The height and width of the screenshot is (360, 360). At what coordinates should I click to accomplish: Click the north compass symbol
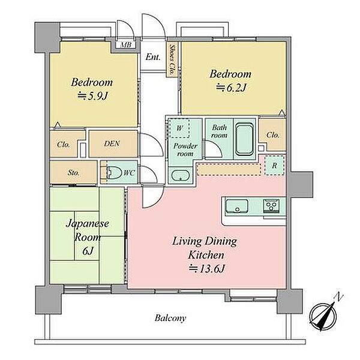(323, 316)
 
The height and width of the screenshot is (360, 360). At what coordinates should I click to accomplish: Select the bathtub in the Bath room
(245, 139)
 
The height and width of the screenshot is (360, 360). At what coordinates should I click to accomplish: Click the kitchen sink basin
(237, 206)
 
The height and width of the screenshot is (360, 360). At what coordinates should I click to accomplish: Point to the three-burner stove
(271, 205)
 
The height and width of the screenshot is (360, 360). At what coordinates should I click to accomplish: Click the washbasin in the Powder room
(181, 176)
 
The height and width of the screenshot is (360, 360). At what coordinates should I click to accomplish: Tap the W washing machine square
(179, 128)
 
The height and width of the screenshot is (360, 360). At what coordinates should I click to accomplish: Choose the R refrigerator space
(274, 166)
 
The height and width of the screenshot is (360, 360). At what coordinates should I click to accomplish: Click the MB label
(126, 44)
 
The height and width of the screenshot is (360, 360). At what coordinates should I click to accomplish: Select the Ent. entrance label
(153, 57)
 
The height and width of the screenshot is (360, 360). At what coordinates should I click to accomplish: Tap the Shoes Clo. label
(171, 59)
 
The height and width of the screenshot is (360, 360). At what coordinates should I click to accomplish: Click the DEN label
(112, 144)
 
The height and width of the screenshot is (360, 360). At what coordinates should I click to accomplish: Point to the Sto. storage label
(73, 173)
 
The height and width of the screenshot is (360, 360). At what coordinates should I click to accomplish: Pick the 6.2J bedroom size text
(231, 88)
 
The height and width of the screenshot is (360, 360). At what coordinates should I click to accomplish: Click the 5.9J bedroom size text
(92, 96)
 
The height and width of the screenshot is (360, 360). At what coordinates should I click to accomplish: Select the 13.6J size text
(206, 269)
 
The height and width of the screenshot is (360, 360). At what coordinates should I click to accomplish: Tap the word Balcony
(170, 319)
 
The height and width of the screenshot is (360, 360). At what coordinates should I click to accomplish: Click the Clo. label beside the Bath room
(273, 135)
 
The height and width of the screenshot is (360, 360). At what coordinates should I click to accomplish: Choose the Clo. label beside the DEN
(63, 145)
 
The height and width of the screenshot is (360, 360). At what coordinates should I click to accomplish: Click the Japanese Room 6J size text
(88, 251)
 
